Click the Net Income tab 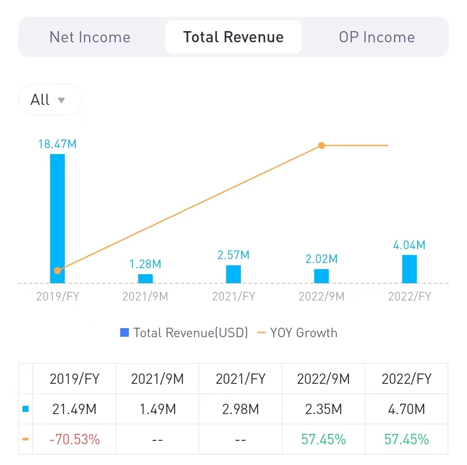(90, 37)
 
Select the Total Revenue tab (233, 37)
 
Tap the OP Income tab (377, 37)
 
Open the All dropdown (49, 100)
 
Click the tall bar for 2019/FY (58, 207)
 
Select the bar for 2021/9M (145, 278)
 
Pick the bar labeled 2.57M (233, 274)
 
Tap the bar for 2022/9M (321, 276)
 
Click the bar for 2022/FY (409, 269)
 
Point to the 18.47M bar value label (58, 144)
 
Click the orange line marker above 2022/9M (321, 146)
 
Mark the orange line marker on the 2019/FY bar (58, 271)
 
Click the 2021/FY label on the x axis (233, 297)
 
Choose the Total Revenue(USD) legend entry (184, 333)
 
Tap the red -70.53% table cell (74, 440)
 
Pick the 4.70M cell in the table (406, 409)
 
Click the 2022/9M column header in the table (323, 379)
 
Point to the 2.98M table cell (240, 409)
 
